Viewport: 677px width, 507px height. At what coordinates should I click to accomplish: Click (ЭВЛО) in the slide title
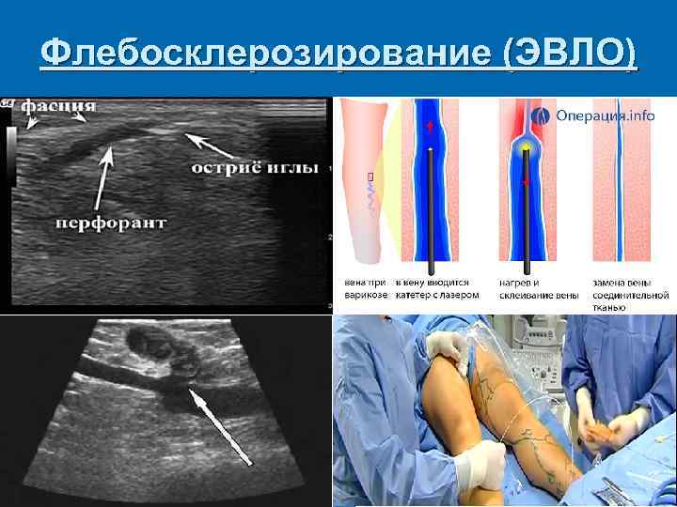[x=570, y=54]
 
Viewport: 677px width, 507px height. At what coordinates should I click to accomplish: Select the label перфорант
[x=112, y=223]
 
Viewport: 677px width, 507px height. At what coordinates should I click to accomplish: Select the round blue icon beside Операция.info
[x=541, y=116]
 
